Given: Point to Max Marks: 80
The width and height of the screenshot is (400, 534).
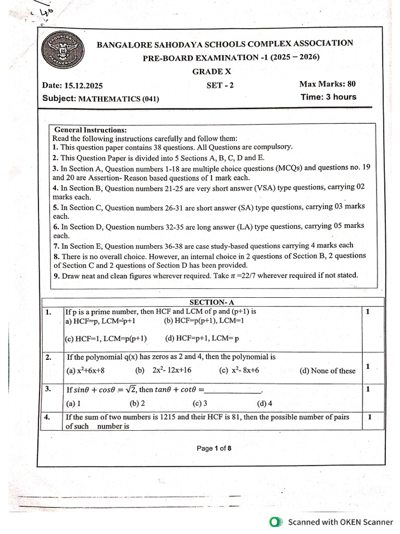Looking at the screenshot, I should (x=328, y=84).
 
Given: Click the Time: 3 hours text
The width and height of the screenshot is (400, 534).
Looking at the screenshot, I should (x=328, y=97).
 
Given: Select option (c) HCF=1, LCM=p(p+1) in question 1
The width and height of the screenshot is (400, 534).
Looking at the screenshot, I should (x=106, y=338).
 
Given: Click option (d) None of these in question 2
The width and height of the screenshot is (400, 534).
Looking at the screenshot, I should (x=328, y=371).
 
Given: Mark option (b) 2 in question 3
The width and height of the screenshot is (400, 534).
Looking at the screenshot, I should (x=137, y=403).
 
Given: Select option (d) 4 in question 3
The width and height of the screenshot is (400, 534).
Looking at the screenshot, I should (x=265, y=403).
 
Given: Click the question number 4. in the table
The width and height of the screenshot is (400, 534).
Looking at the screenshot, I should (x=47, y=417).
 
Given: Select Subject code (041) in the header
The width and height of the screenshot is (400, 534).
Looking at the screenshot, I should (x=151, y=98).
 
